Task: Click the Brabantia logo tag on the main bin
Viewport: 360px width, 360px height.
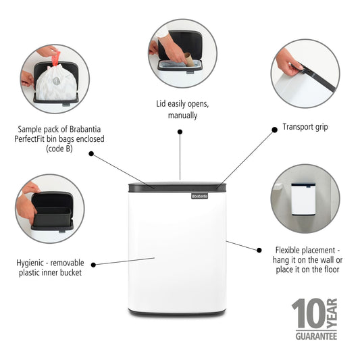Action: pos(199,196)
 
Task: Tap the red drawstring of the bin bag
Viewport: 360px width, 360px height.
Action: pos(56,59)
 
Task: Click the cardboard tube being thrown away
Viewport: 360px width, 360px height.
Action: pos(189,59)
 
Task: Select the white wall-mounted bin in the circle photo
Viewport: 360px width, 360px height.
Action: pos(303,199)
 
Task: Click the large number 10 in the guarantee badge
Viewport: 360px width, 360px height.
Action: pos(309,313)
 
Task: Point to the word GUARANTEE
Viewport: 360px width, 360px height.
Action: pos(316,336)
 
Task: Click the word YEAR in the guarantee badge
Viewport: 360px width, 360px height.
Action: pos(332,313)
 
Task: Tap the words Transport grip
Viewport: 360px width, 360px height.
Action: pos(305,127)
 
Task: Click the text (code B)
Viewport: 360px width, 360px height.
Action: pos(59,149)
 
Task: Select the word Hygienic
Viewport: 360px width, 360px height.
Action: pos(30,263)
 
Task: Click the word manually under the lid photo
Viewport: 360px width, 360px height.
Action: pos(182,115)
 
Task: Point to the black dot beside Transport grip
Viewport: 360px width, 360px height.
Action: pos(274,130)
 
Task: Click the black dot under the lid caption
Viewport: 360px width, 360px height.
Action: pos(180,132)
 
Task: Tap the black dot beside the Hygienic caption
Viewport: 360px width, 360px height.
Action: pos(93,265)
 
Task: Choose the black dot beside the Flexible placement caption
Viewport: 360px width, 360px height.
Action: pos(259,251)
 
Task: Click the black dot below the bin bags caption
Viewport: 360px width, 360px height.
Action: pos(91,153)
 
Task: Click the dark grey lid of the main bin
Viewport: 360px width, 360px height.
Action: pos(177,187)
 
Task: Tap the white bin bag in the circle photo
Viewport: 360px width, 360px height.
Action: pos(56,83)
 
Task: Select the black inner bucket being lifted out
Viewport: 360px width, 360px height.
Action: pos(53,217)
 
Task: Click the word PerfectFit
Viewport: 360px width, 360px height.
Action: pos(29,139)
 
